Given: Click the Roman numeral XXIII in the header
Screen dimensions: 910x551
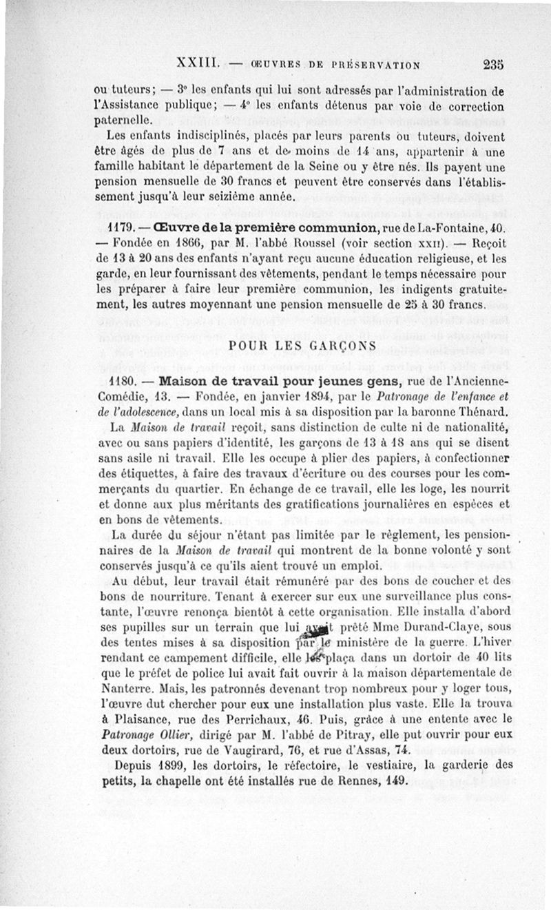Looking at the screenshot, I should [198, 63].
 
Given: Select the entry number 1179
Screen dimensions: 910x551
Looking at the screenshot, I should [115, 229].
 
